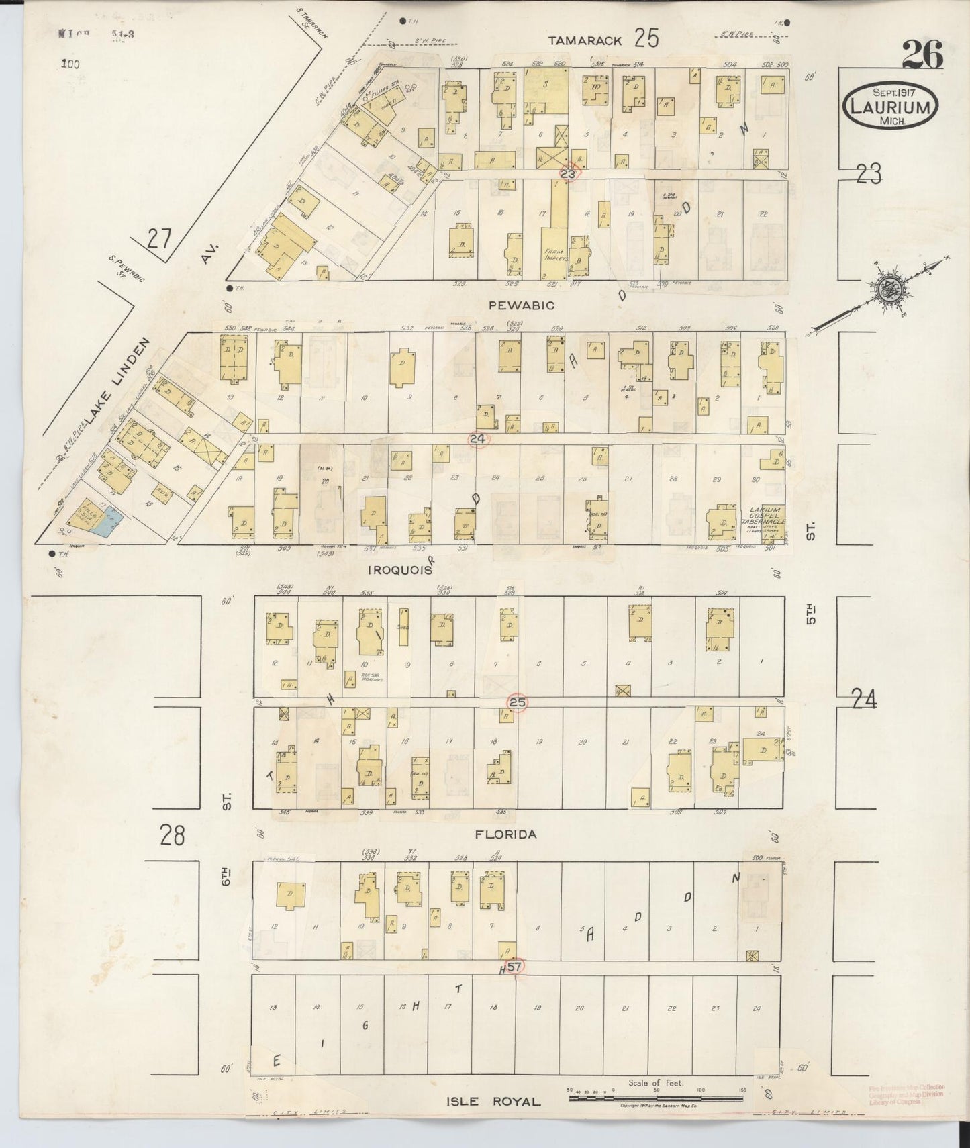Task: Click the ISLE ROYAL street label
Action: (493, 1101)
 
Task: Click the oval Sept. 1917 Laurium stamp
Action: (891, 106)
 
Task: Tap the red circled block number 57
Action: (515, 967)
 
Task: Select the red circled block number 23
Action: (569, 173)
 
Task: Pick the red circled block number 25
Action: (517, 702)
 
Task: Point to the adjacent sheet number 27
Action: (160, 239)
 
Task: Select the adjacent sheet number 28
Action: (173, 836)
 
